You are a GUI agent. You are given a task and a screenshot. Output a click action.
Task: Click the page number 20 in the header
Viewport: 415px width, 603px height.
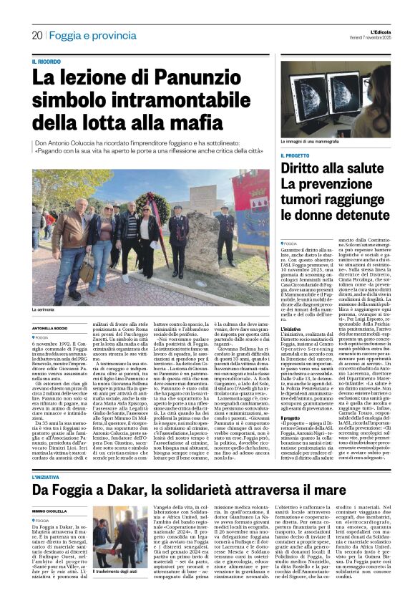(36, 35)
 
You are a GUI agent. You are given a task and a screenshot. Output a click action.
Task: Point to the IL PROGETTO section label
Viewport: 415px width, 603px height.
(296, 155)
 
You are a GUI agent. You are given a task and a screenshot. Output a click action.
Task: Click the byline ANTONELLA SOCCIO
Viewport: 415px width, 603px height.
(49, 329)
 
